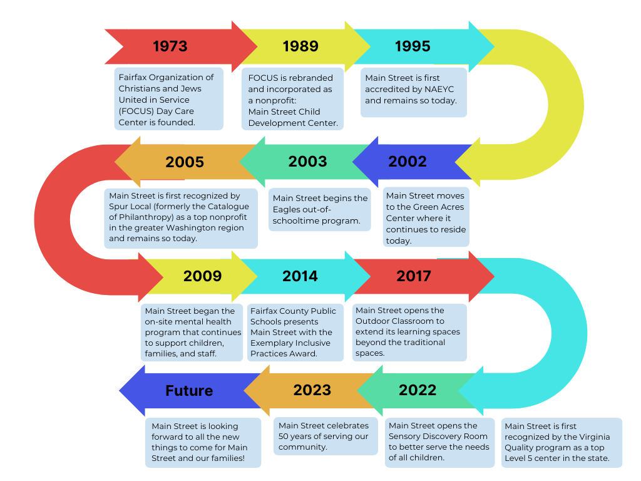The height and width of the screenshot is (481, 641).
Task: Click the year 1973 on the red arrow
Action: point(170,46)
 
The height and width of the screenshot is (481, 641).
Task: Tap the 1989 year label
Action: point(300,46)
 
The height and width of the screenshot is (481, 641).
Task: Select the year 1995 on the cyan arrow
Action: point(413,46)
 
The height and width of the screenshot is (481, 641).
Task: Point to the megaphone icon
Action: point(116,218)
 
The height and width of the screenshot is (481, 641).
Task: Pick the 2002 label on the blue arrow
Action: point(408,162)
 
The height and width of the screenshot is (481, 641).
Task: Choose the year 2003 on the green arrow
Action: point(307,162)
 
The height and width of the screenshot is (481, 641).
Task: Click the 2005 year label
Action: point(185,162)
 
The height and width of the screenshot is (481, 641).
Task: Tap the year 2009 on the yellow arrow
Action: point(202,276)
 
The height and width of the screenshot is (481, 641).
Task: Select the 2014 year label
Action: point(300,276)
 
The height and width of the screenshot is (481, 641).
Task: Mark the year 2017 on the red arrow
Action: point(414,276)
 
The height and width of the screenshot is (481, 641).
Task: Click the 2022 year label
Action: point(418,390)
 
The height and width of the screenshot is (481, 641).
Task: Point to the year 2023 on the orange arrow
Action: point(312,390)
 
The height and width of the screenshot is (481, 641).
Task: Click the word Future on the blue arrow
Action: point(189,391)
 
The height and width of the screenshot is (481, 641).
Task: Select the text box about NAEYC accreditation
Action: point(413,92)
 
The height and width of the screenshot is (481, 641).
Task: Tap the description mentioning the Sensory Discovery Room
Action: point(439,442)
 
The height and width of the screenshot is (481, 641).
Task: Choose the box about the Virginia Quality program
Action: point(562,442)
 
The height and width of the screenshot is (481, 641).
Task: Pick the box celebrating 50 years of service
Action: point(326,437)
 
